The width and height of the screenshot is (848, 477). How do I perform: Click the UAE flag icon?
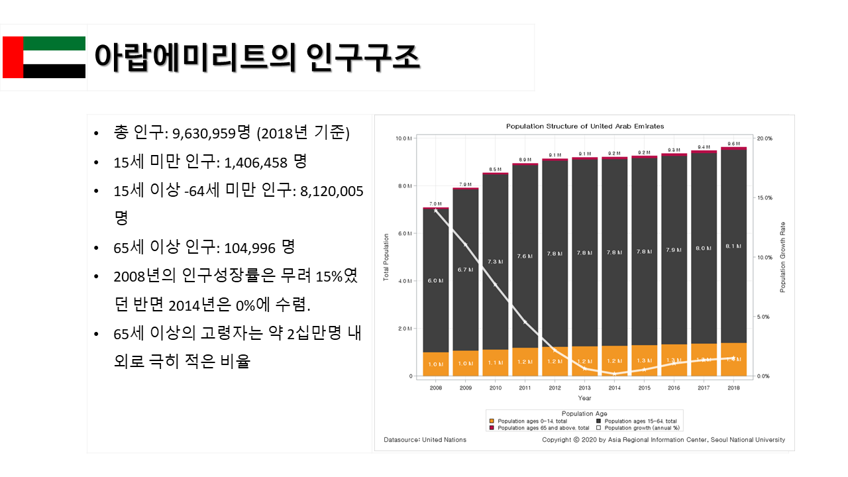(44, 57)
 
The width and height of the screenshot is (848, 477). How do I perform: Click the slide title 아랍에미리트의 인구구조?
(257, 57)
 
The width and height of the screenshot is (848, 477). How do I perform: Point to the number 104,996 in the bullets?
(250, 248)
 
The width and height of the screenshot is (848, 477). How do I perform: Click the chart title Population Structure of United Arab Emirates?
(585, 126)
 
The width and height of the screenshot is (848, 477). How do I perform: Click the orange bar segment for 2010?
(496, 362)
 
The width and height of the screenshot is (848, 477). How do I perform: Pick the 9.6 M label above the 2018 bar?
(733, 144)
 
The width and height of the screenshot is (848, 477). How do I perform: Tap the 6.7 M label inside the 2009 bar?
(466, 270)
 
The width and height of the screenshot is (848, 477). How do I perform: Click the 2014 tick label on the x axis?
(614, 388)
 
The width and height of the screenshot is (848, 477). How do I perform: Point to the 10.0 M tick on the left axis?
(404, 138)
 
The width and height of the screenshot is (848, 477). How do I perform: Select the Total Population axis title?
(386, 257)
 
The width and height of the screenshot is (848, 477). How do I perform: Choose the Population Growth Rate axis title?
(782, 257)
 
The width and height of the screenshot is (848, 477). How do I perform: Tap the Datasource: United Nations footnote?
(425, 440)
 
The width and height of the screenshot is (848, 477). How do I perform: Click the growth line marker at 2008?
(435, 211)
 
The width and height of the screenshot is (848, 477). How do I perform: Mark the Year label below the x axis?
(584, 398)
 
